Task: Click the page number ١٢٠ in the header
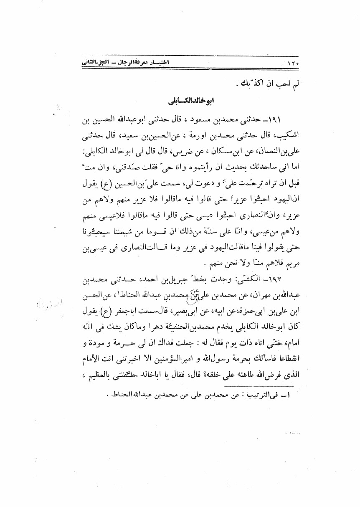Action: [x=295, y=64]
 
